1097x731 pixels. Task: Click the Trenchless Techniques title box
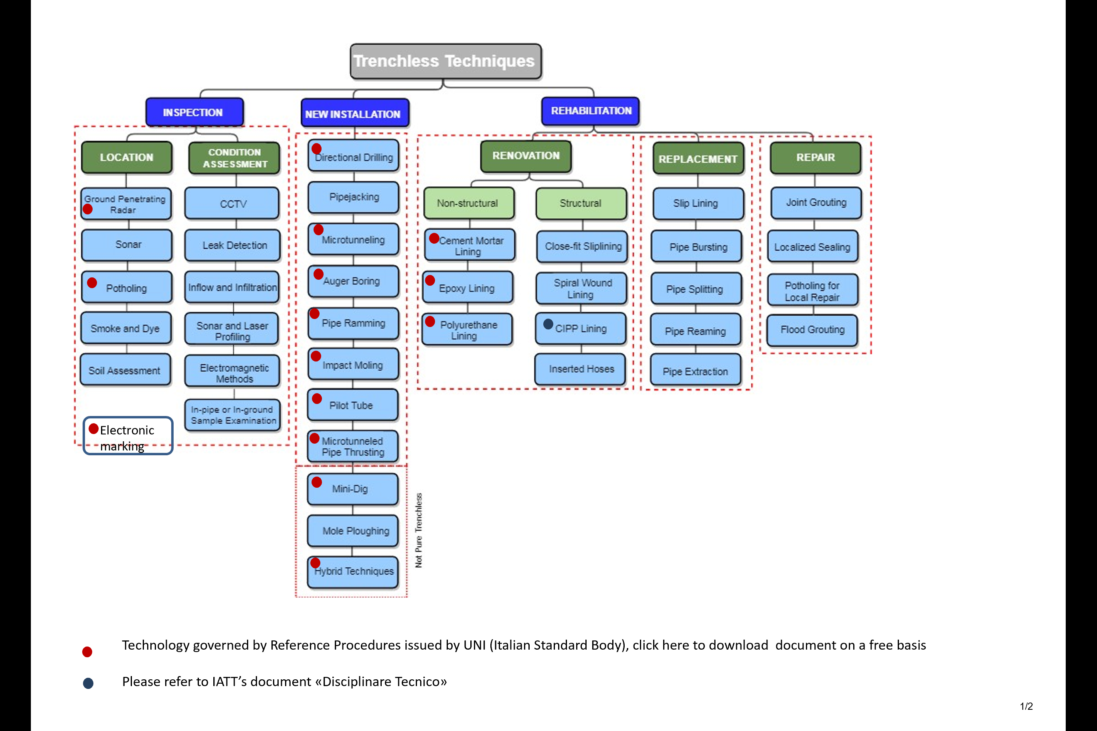445,61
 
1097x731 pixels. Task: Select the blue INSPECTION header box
194,112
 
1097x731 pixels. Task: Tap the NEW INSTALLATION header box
354,113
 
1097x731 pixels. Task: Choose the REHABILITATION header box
590,111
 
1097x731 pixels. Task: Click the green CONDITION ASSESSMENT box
234,158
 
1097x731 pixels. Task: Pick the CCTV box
232,204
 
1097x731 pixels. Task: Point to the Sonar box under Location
127,245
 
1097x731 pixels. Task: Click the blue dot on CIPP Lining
548,323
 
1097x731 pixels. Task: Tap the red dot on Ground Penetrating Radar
87,209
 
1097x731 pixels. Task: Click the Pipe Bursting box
697,246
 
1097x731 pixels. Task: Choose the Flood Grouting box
812,329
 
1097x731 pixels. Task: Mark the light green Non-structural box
468,203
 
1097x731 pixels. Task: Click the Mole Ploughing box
353,531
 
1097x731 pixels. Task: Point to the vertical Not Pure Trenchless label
418,530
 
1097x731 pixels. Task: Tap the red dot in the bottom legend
87,652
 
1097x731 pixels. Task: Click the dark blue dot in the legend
88,683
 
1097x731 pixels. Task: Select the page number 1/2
1026,706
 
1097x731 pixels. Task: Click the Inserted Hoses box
580,369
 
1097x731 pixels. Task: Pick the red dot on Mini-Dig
317,482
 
